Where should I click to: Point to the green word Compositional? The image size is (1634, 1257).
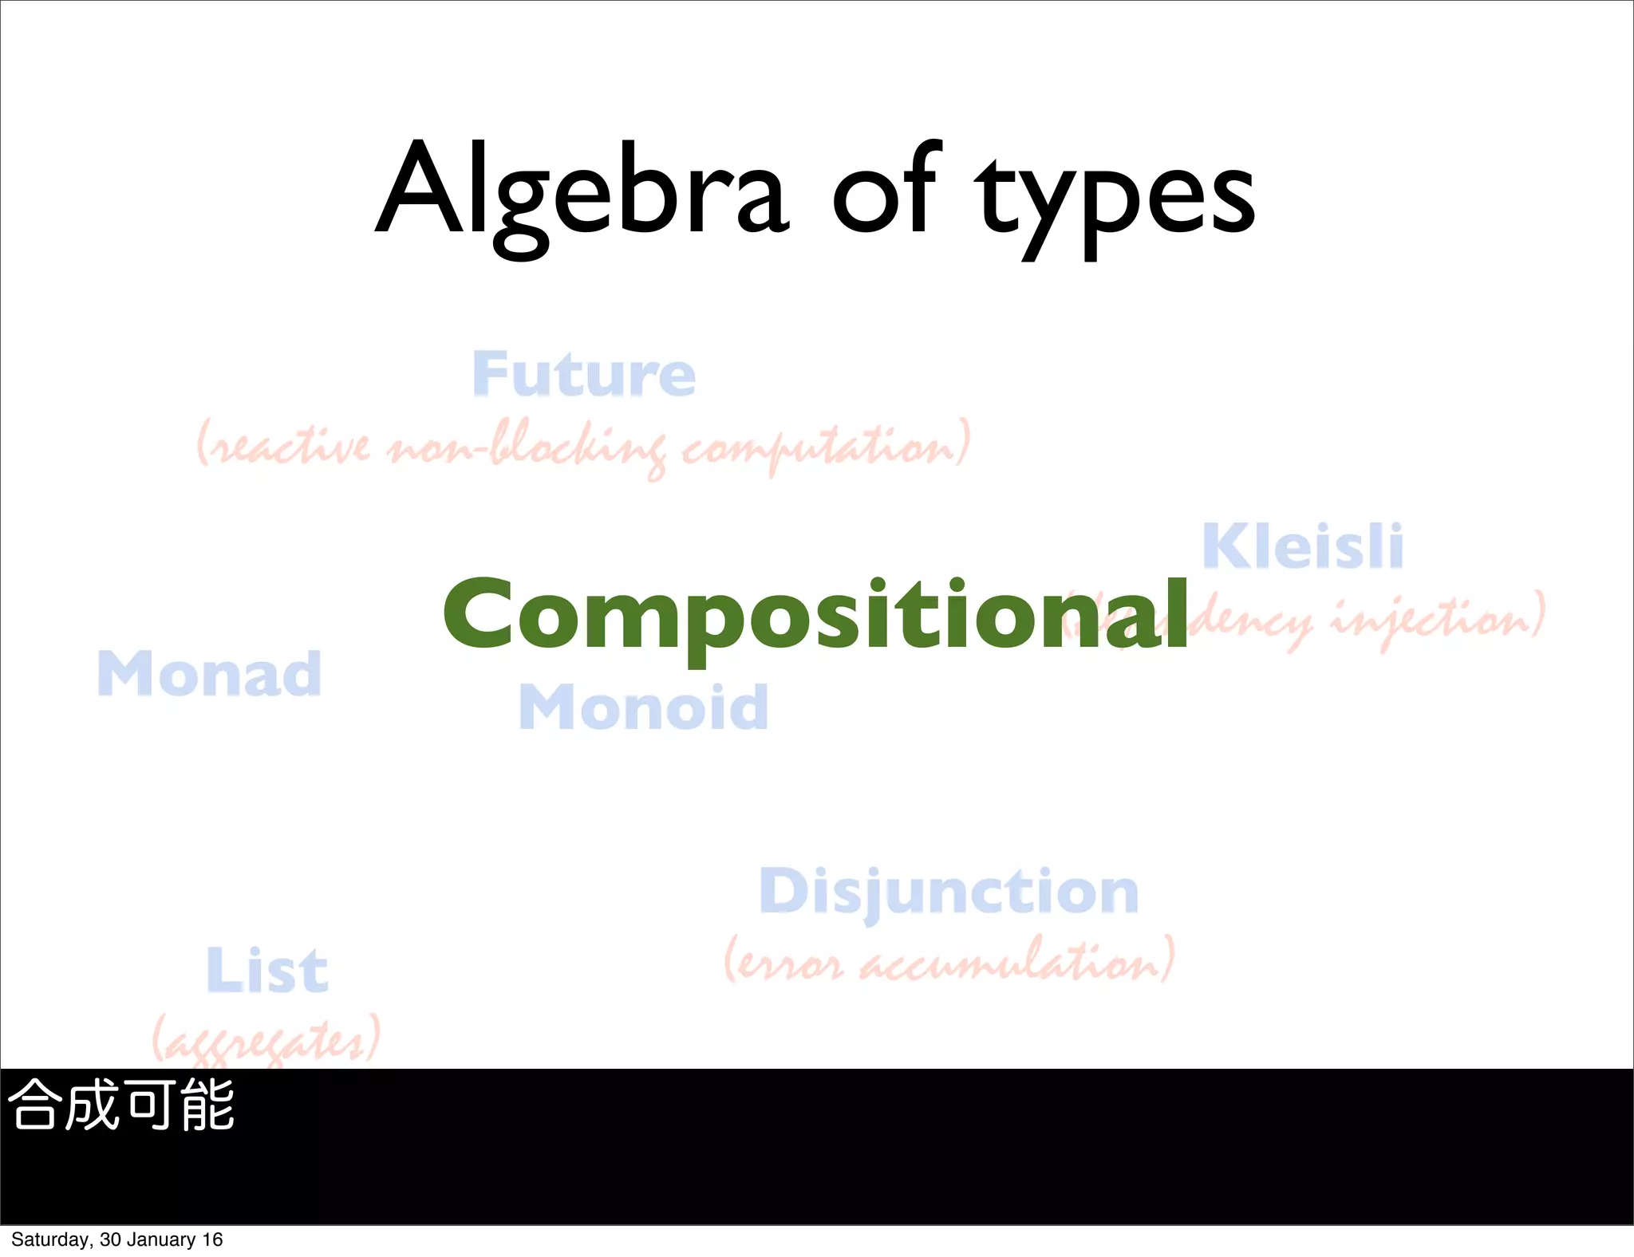[x=815, y=615]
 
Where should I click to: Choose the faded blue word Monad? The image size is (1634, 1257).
[x=209, y=674]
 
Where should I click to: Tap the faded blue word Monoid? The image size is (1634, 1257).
[x=643, y=707]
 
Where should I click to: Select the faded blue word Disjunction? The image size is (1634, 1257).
[x=949, y=892]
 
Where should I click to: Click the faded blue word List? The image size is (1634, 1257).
[x=266, y=971]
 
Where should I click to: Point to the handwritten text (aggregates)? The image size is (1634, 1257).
[x=266, y=1039]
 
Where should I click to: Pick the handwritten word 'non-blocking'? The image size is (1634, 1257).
[x=527, y=447]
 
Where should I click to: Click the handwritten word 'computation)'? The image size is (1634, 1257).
[x=827, y=447]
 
